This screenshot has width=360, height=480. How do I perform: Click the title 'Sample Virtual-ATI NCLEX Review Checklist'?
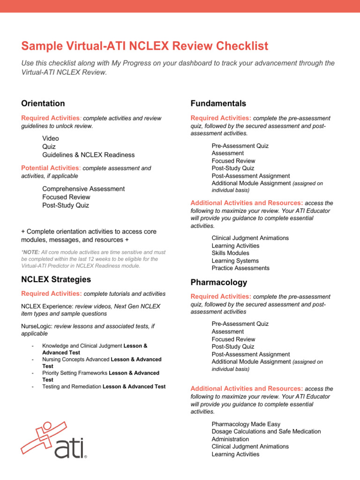[145, 46]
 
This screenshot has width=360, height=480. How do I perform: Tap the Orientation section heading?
[43, 103]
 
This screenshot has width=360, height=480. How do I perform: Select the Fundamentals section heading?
[218, 103]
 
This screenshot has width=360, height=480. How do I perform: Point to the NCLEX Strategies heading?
[56, 279]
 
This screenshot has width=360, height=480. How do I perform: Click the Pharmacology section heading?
[218, 283]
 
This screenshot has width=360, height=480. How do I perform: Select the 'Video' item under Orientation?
[51, 138]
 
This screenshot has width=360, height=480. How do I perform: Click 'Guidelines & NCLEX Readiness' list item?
[88, 155]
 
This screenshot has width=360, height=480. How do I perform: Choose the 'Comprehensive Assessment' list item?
[83, 189]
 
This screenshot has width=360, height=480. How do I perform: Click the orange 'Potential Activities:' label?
[51, 168]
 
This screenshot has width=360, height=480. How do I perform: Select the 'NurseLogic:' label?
[37, 326]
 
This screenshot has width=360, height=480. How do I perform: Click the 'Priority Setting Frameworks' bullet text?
[75, 373]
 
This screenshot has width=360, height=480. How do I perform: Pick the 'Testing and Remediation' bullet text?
[72, 387]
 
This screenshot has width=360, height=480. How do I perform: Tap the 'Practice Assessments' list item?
[240, 268]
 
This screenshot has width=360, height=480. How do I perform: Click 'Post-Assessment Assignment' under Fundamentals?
[250, 176]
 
